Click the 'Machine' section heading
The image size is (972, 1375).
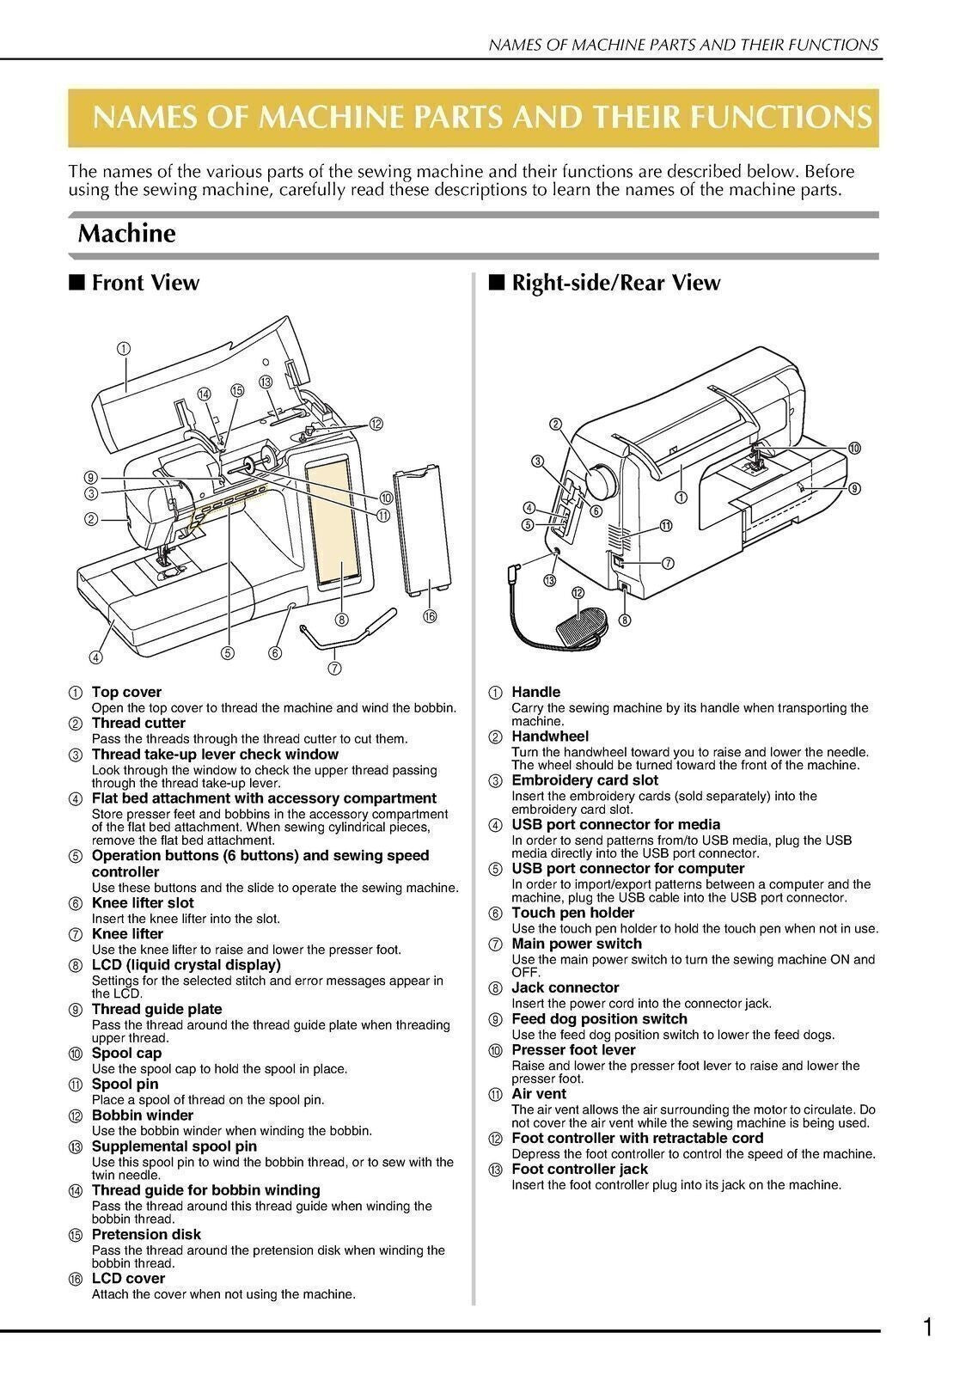point(126,234)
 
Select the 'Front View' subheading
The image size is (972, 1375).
point(144,283)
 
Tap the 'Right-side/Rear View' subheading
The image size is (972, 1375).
point(614,283)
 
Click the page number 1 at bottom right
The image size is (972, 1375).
point(926,1329)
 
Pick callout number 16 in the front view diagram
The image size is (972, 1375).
point(430,616)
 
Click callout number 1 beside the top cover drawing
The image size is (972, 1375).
point(124,348)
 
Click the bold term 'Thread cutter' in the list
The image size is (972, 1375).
point(138,723)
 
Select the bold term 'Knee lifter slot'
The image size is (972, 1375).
point(143,902)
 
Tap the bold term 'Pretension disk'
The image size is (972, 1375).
point(146,1234)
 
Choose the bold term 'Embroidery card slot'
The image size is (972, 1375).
point(584,780)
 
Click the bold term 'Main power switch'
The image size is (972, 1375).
point(576,944)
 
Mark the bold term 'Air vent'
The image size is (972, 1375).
point(538,1094)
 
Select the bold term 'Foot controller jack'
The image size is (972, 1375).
point(579,1169)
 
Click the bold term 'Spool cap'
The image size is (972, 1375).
point(126,1053)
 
